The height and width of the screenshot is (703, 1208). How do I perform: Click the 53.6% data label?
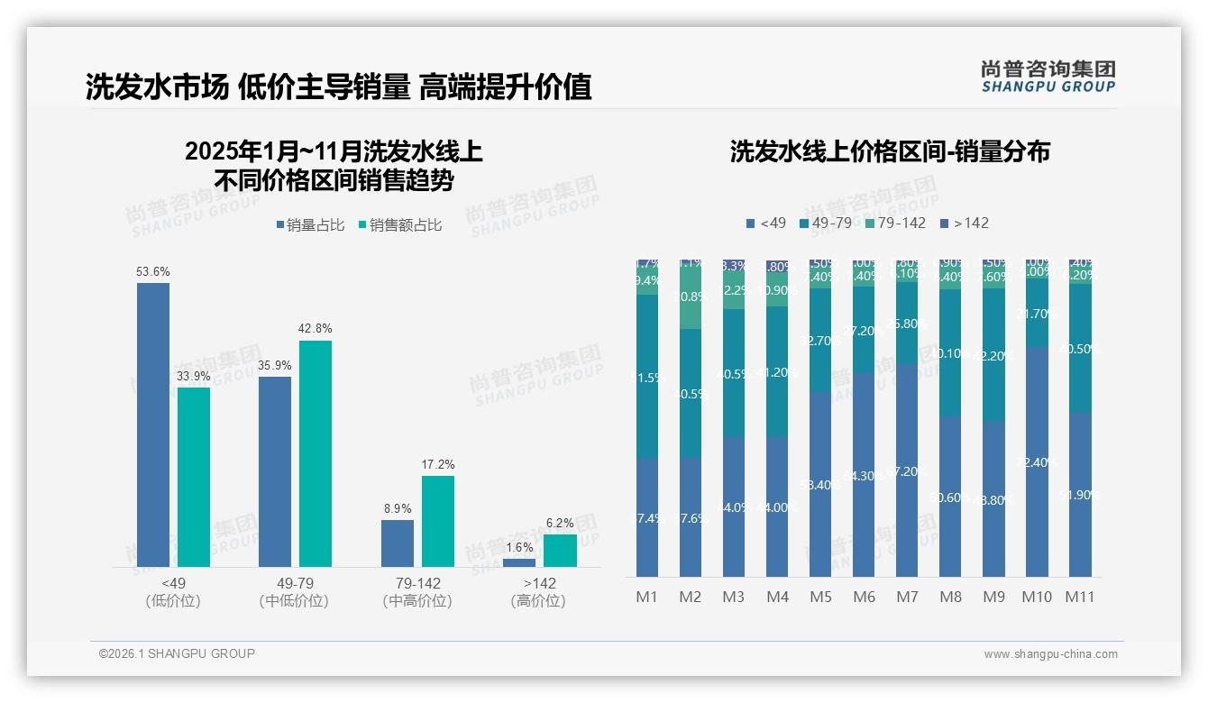(x=153, y=271)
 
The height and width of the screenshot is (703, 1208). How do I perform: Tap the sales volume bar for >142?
(x=518, y=562)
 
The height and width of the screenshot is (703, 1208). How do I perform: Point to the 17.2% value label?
(x=438, y=464)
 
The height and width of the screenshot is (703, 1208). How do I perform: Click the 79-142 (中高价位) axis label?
(x=416, y=592)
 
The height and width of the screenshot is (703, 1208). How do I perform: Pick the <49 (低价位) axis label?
(x=173, y=592)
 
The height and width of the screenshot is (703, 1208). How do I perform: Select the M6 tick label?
(x=864, y=597)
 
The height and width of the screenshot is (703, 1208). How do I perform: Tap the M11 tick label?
(x=1080, y=597)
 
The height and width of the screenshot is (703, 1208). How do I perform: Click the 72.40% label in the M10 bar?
(x=1037, y=462)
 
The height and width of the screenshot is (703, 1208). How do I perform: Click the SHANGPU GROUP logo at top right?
(x=1048, y=77)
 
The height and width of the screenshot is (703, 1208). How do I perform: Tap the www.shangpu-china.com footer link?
(x=1050, y=654)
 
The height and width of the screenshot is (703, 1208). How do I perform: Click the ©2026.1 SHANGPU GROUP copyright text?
(x=177, y=653)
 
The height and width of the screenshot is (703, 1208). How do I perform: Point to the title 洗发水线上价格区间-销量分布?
(x=890, y=151)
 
